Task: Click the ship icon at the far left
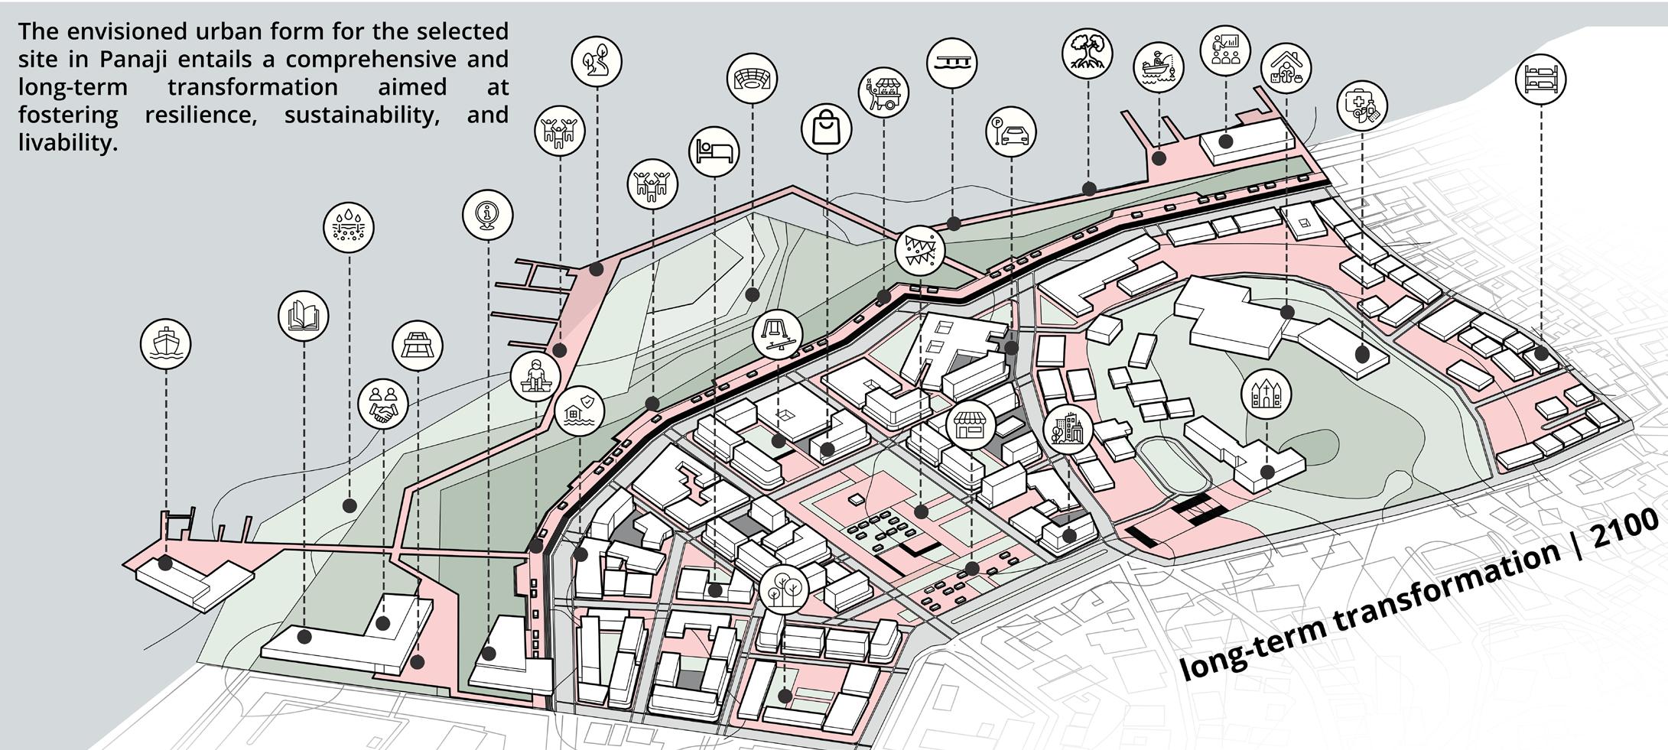(165, 344)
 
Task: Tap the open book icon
(304, 316)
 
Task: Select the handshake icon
(382, 404)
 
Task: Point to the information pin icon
(487, 215)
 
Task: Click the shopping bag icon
(826, 128)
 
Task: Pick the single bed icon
(714, 151)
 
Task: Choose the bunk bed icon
(1540, 79)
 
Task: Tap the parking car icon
(1011, 132)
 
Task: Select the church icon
(1266, 393)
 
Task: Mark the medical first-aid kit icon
(1362, 105)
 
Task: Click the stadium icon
(752, 78)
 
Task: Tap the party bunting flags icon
(920, 250)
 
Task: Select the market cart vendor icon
(883, 92)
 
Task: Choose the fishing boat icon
(1158, 67)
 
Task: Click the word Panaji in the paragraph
(137, 59)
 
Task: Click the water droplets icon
(349, 227)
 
